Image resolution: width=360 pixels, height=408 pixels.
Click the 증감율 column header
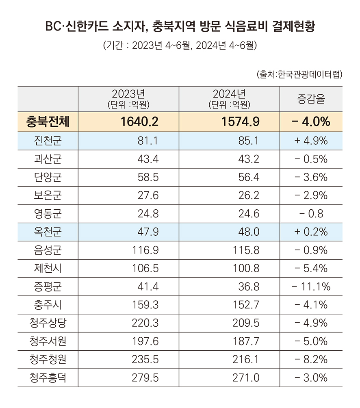click(x=311, y=99)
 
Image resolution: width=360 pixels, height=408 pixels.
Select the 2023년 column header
click(x=128, y=99)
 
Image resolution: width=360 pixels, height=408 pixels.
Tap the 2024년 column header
click(x=229, y=99)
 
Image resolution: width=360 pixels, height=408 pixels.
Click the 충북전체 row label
click(x=48, y=122)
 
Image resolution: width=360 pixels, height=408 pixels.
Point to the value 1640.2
click(x=139, y=122)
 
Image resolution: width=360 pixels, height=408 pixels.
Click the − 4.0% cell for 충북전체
click(x=311, y=122)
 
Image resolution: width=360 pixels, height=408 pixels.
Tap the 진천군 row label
click(x=48, y=141)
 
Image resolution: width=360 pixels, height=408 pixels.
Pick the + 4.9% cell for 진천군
click(x=311, y=141)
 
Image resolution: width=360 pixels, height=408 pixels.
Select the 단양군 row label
click(x=48, y=177)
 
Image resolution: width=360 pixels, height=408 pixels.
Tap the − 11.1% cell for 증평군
click(x=311, y=287)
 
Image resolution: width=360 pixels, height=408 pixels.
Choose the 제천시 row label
click(x=48, y=269)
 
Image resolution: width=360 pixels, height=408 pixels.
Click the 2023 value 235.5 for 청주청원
click(x=145, y=360)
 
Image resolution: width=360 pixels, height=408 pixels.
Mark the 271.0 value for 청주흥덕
click(x=246, y=378)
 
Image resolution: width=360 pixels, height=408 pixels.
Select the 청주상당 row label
click(x=48, y=323)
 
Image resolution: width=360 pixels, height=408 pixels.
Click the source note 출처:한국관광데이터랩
click(x=299, y=75)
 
